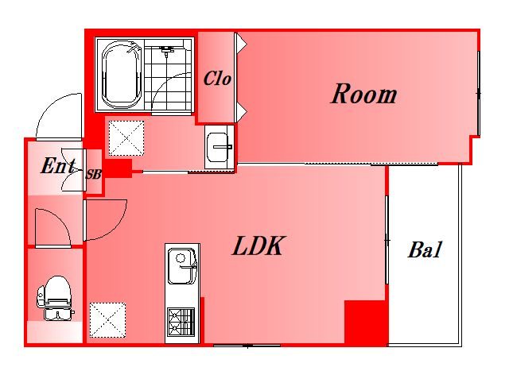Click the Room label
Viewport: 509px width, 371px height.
tap(363, 94)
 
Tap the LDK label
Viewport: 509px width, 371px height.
tap(258, 245)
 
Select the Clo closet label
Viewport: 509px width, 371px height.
tap(217, 79)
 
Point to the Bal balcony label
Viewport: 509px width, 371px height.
tap(425, 249)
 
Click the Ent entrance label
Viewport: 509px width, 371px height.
tap(58, 165)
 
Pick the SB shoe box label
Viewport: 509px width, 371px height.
tap(94, 175)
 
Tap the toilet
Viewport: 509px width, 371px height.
tap(56, 299)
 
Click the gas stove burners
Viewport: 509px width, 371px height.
tap(181, 322)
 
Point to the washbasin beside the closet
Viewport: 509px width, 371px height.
tap(220, 147)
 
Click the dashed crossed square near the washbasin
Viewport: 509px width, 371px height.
tap(126, 138)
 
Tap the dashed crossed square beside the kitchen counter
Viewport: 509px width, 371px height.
tap(107, 320)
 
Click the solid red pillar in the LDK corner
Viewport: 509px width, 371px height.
tap(366, 322)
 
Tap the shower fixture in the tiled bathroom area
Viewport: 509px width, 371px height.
tap(166, 50)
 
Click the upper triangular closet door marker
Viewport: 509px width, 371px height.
tap(241, 44)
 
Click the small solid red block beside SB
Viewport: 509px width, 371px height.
tap(119, 168)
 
